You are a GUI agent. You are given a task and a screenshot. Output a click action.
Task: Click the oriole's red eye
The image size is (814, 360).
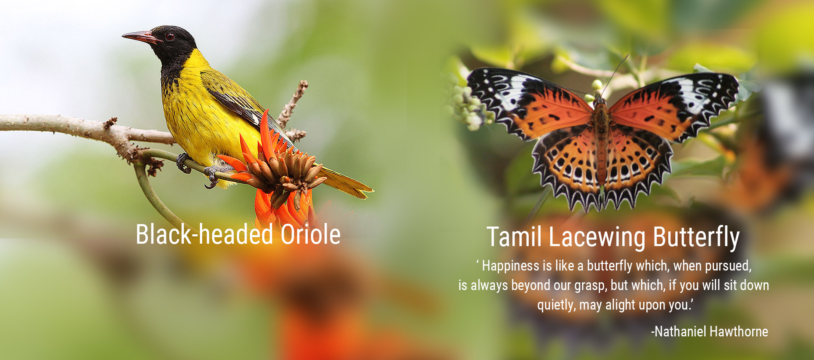170,37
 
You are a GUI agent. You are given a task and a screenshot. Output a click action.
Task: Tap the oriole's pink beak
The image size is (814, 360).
141,37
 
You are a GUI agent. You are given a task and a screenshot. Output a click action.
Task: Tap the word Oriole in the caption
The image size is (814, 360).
311,235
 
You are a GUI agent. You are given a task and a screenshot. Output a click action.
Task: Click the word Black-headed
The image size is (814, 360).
204,234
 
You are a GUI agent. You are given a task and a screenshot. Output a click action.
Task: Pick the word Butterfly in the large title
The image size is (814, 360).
696,238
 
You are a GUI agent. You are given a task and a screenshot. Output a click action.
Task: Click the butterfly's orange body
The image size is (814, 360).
601,138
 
